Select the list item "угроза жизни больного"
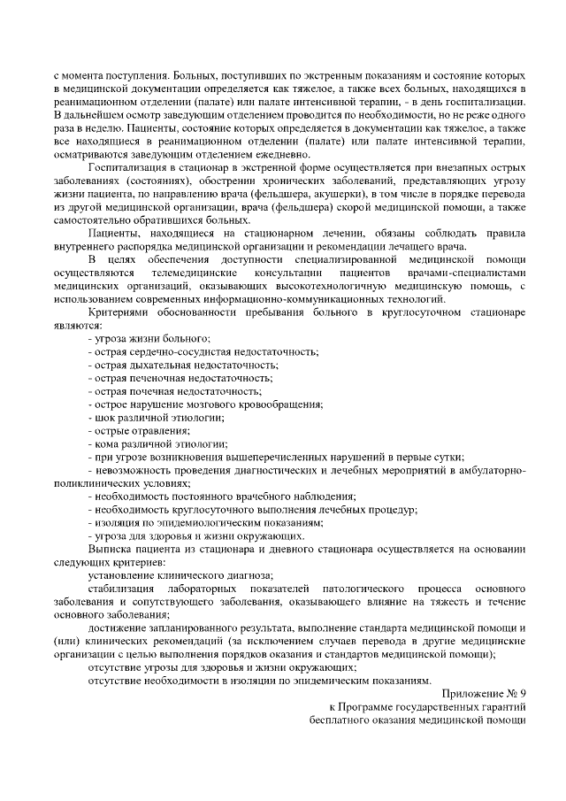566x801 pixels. click(x=150, y=339)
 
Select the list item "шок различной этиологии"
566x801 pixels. click(x=156, y=416)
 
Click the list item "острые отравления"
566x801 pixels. click(x=139, y=429)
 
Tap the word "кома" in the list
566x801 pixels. click(x=104, y=443)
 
